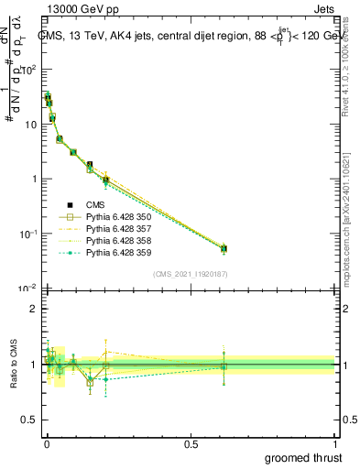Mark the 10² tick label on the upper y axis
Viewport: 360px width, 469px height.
(27, 70)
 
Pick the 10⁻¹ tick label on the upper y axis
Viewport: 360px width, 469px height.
(27, 234)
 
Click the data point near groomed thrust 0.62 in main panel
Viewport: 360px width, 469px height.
(224, 248)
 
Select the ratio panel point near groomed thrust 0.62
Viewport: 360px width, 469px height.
(224, 366)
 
